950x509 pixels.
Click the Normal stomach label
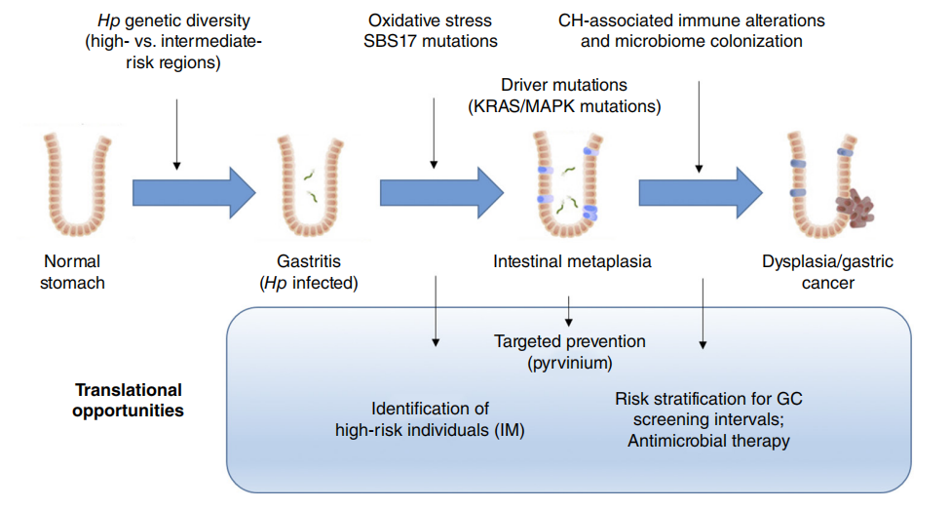pos(73,271)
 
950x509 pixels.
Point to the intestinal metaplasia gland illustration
pos(565,185)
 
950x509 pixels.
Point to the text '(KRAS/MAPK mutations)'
pos(566,106)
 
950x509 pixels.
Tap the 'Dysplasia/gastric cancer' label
pos(827,271)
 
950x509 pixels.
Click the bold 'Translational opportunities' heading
pos(130,400)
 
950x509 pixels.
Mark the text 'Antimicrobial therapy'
pos(707,441)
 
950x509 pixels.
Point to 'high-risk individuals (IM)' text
pos(430,430)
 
